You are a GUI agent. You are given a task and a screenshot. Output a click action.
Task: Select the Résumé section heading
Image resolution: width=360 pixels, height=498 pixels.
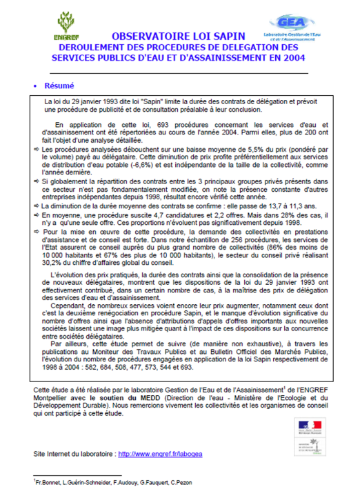[x=59, y=86]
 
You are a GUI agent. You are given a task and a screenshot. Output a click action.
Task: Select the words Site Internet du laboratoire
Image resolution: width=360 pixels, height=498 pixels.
[x=74, y=454]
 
